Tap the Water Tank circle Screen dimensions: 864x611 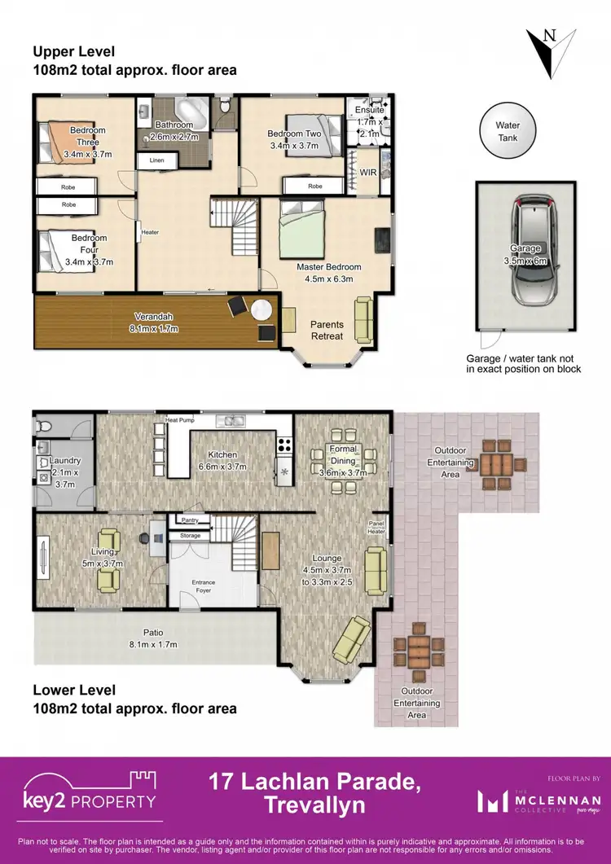(508, 132)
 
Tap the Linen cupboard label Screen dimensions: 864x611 (156, 161)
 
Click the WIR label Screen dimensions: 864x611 (367, 173)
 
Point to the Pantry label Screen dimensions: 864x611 (191, 519)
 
